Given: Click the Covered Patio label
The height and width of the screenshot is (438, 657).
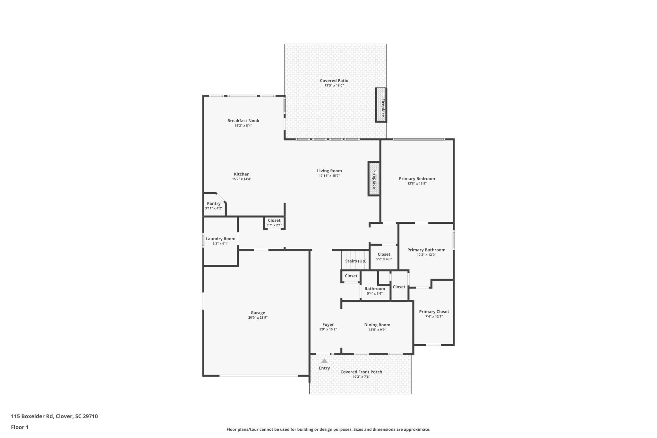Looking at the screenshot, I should click(x=334, y=81).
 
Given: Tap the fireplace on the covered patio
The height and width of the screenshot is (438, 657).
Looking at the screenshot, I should click(x=381, y=105).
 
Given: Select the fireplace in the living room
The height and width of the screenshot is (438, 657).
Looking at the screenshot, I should click(x=374, y=179).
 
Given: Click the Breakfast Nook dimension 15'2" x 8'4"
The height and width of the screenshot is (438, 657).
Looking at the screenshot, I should click(x=243, y=126).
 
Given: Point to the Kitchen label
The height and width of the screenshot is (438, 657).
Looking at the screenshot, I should click(x=242, y=174).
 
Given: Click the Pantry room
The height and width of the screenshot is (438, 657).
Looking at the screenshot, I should click(x=214, y=205).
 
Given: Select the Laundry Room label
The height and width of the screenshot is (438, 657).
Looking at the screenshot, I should click(x=220, y=239).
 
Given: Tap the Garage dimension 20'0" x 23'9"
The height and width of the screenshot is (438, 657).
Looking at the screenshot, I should click(x=258, y=318).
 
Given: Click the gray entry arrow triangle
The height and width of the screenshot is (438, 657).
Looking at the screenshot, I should click(x=324, y=361).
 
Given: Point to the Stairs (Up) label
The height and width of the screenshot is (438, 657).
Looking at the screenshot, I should click(x=356, y=261).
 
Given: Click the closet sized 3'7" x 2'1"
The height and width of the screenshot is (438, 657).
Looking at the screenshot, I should click(x=274, y=222).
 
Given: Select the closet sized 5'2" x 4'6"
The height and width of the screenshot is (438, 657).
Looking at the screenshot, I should click(x=384, y=256).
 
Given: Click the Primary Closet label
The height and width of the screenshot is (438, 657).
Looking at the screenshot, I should click(x=434, y=312).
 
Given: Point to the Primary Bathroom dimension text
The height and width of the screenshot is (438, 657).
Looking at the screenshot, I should click(x=426, y=255).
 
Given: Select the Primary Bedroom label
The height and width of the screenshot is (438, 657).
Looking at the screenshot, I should click(x=417, y=179).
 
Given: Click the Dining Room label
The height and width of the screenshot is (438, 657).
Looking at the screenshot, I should click(x=377, y=325).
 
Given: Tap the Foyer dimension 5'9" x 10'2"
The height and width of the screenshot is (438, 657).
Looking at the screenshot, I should click(x=328, y=330).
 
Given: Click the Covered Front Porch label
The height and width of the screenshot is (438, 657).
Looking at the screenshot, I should click(x=361, y=372).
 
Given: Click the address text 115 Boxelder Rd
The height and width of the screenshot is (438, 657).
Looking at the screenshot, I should click(x=32, y=416).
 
